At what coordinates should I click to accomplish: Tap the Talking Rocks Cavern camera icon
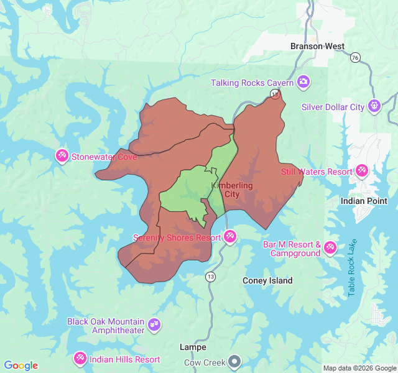(303, 82)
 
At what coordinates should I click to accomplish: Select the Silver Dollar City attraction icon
(374, 106)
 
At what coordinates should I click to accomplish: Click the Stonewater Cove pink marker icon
(62, 156)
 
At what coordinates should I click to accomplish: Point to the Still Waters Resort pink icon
(362, 171)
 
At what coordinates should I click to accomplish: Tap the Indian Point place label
(364, 201)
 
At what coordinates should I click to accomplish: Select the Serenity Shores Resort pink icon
(230, 237)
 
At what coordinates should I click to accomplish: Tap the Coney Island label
(267, 280)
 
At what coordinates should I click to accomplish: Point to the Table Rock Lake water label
(353, 267)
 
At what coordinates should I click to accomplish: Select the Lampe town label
(192, 347)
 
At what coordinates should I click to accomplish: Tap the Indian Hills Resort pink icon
(80, 359)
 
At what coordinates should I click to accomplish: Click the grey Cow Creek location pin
(234, 361)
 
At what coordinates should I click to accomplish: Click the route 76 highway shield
(354, 57)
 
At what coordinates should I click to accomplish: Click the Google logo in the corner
(21, 366)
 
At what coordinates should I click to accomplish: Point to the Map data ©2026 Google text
(359, 368)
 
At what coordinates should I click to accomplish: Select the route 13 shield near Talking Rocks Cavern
(275, 94)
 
